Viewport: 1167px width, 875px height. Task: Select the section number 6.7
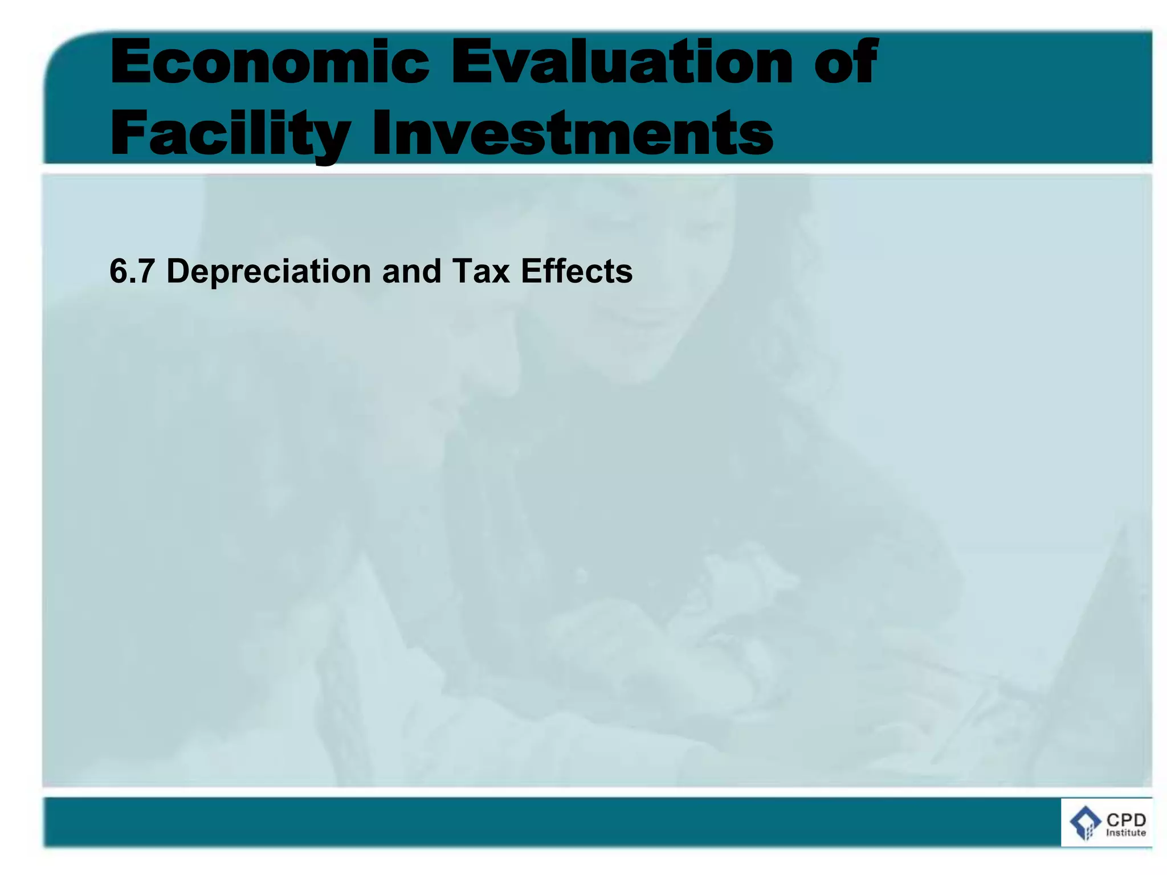click(132, 271)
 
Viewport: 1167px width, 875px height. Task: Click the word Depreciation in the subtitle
click(268, 271)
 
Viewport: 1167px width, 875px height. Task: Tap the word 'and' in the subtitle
click(411, 271)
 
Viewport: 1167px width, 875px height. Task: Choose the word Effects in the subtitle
click(577, 271)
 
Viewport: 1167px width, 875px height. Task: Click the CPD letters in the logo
click(1126, 820)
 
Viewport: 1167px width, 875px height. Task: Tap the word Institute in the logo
click(1126, 833)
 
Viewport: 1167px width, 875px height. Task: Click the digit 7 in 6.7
click(146, 271)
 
